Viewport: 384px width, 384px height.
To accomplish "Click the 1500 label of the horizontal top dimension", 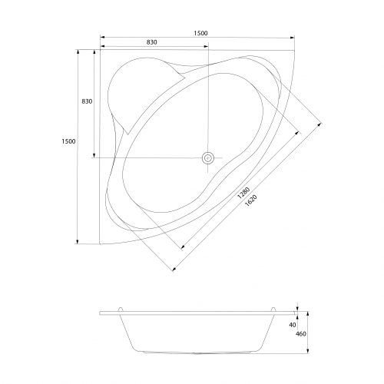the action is coord(200,33).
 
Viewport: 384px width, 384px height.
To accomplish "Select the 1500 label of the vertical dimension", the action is coord(68,141).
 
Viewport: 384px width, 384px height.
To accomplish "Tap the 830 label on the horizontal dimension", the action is coord(152,42).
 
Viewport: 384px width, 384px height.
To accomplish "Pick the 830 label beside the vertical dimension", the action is coord(87,101).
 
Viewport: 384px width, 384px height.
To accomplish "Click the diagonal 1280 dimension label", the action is coord(243,193).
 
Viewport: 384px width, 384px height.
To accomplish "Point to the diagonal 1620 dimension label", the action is coord(251,200).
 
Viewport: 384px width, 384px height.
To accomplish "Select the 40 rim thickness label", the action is coord(293,325).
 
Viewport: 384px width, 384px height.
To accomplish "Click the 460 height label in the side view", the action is coord(301,334).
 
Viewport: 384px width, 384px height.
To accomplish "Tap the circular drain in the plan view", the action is coord(208,158).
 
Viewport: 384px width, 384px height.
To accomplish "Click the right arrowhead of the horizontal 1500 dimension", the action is coord(292,38).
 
